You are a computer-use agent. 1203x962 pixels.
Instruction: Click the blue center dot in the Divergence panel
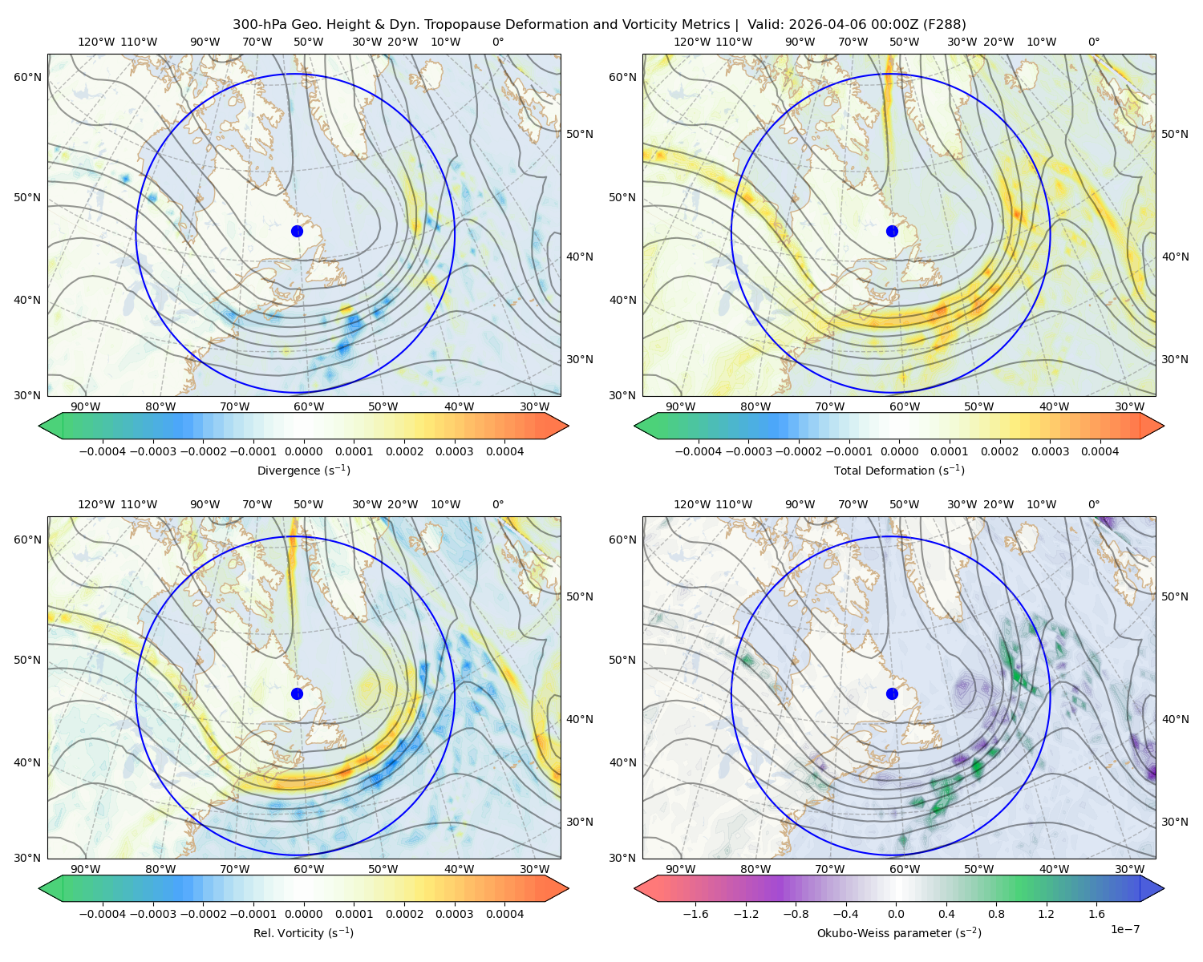click(x=297, y=231)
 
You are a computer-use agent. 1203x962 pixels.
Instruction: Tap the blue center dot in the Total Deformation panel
click(x=892, y=231)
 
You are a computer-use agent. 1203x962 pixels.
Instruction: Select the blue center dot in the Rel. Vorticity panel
click(x=297, y=693)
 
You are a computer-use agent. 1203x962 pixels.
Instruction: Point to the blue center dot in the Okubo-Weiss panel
click(x=892, y=693)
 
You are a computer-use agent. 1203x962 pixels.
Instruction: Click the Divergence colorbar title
click(x=303, y=470)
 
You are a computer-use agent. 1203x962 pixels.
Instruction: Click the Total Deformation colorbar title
click(x=899, y=470)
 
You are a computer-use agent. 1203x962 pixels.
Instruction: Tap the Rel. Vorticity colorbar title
click(x=303, y=932)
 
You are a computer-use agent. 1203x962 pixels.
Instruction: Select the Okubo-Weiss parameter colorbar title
click(x=899, y=932)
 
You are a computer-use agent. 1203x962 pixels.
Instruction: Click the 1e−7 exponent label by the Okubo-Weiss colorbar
click(x=1124, y=929)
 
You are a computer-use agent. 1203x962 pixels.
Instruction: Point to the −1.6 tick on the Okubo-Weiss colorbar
click(x=695, y=914)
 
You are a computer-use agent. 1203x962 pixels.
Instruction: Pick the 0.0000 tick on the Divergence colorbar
click(x=303, y=451)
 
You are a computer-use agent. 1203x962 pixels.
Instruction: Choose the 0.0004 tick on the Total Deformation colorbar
click(x=1100, y=451)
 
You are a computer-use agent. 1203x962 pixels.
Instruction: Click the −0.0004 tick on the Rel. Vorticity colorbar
click(x=103, y=914)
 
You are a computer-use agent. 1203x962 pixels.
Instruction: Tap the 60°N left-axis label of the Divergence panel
click(x=27, y=77)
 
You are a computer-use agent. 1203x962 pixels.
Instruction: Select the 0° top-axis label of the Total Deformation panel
click(x=1094, y=42)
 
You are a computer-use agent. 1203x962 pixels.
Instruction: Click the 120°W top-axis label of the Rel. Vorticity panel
click(x=96, y=504)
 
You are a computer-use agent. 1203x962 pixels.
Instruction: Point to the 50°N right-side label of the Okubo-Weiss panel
click(x=1176, y=596)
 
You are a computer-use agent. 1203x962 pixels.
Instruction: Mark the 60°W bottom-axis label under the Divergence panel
click(x=309, y=407)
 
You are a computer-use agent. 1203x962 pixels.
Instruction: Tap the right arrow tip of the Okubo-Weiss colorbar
click(x=1164, y=888)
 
